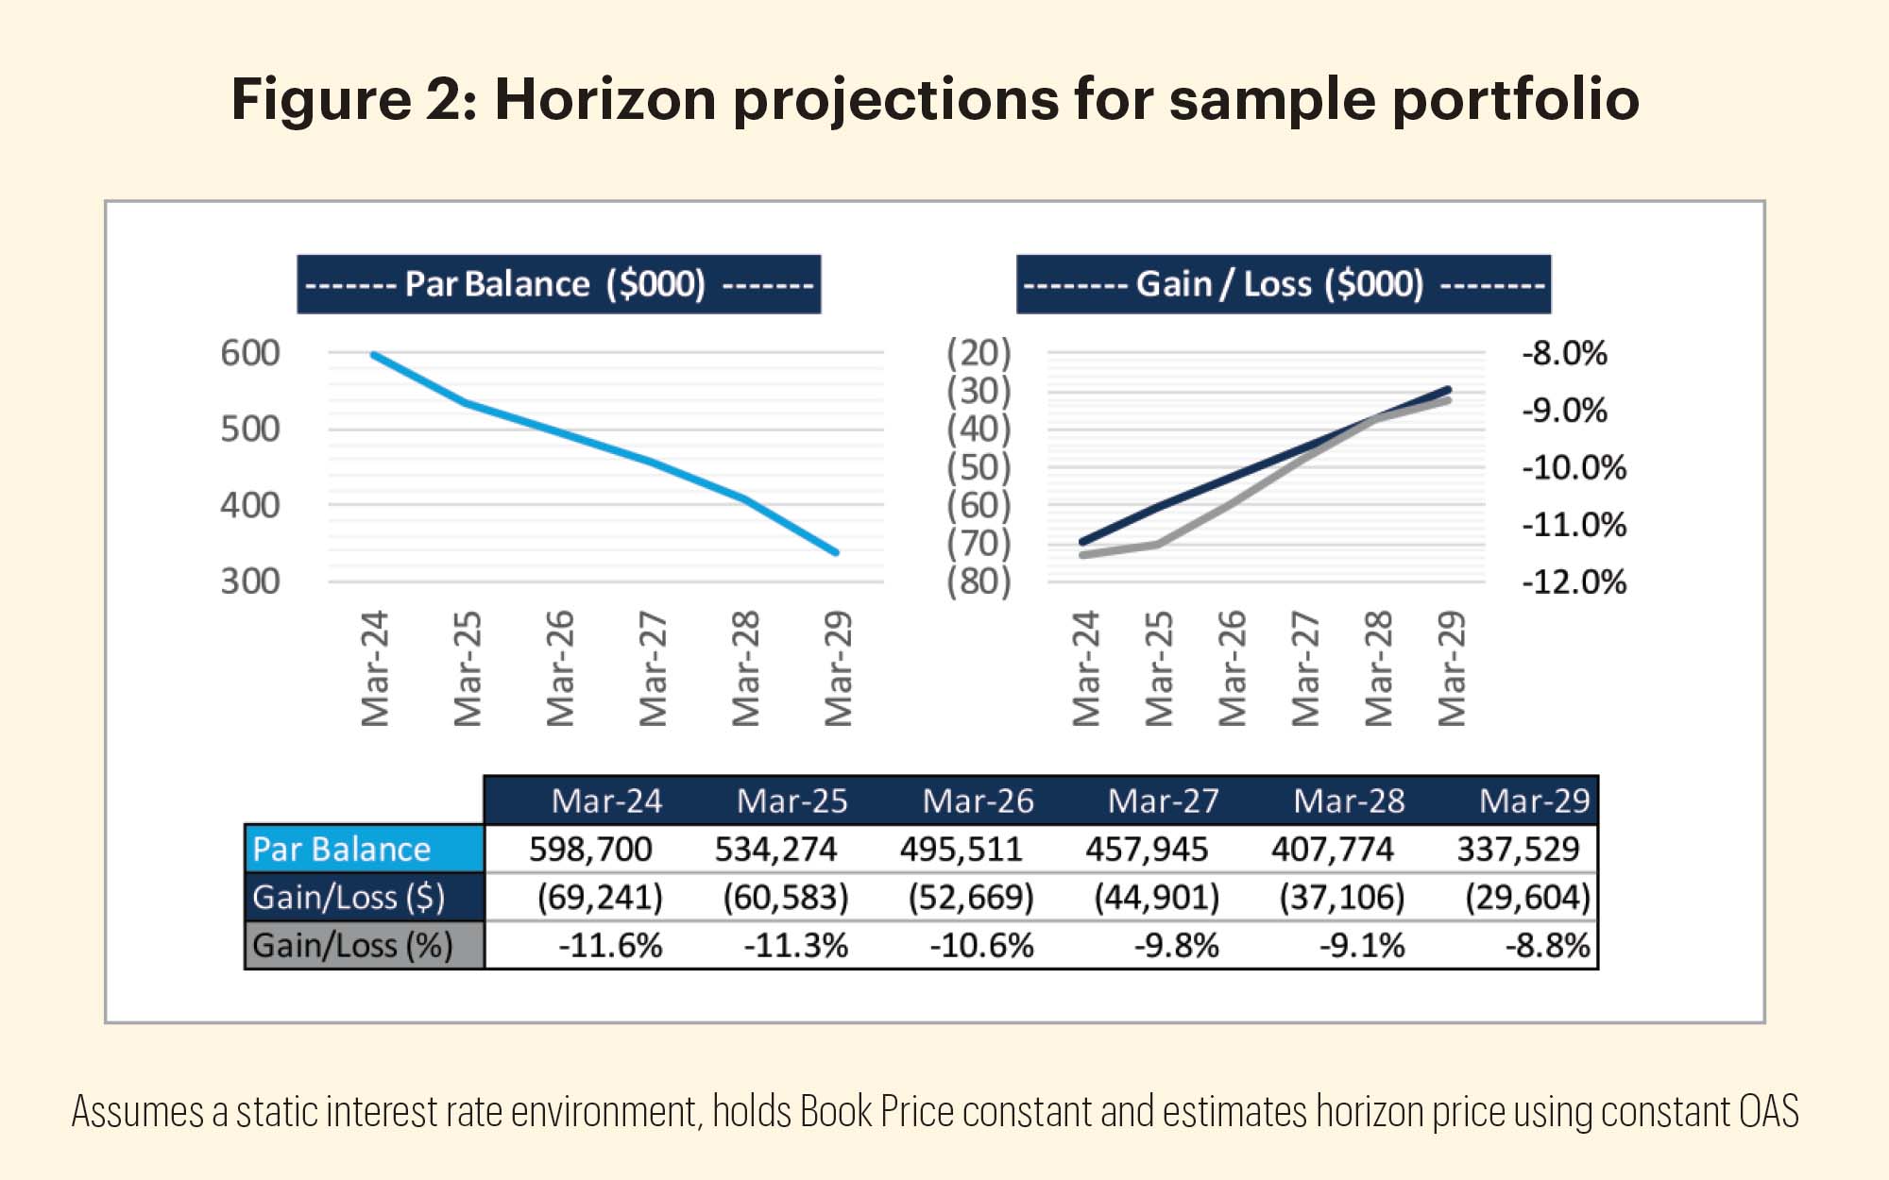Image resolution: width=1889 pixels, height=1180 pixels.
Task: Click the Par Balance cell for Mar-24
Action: (590, 849)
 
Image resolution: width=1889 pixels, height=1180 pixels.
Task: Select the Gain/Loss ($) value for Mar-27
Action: (1156, 897)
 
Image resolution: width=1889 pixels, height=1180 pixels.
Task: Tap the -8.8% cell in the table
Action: (1547, 945)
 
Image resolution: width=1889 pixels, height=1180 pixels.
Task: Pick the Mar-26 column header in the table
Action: (978, 801)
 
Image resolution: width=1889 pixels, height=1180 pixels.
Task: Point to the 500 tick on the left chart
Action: (250, 430)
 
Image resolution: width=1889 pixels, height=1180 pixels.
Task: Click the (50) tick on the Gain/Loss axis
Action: (979, 467)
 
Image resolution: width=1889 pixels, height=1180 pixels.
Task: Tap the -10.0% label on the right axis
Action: (1574, 467)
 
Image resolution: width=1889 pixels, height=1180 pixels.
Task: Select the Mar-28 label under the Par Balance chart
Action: (746, 668)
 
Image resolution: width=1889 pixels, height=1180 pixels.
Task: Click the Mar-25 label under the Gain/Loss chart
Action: (1159, 668)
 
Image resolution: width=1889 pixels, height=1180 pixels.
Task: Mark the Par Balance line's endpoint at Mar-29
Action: (836, 552)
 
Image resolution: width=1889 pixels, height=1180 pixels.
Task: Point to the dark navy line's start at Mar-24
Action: (1082, 542)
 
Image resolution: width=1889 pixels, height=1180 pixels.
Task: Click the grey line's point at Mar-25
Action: (1158, 544)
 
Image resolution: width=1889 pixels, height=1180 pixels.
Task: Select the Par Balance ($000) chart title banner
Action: (558, 284)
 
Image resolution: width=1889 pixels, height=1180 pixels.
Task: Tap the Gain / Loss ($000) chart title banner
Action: (1283, 284)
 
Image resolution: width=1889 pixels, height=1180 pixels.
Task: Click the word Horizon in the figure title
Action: (605, 98)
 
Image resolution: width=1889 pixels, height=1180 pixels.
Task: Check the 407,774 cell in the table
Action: (1332, 849)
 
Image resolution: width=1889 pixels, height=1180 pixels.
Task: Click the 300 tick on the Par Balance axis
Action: (250, 582)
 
